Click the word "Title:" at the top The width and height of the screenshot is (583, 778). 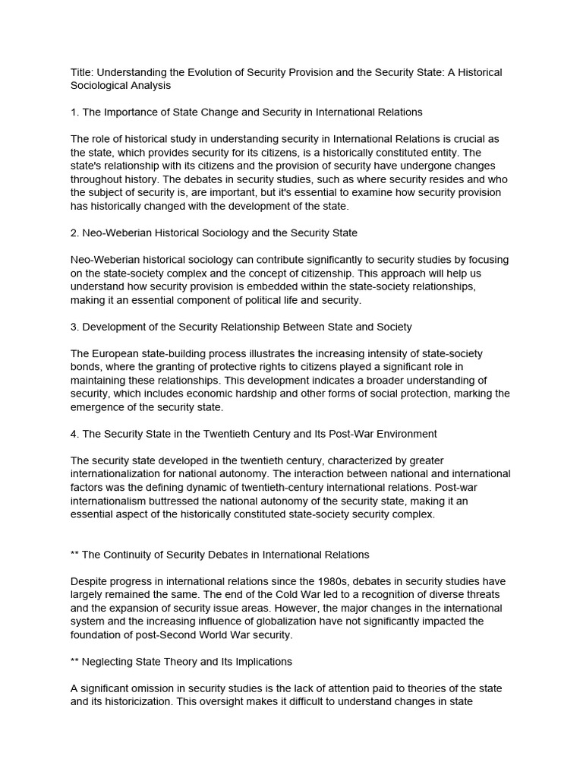pos(83,72)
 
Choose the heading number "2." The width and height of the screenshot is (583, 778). pos(75,232)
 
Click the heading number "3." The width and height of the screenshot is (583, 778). pos(75,327)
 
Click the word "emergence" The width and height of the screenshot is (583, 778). pos(101,407)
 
